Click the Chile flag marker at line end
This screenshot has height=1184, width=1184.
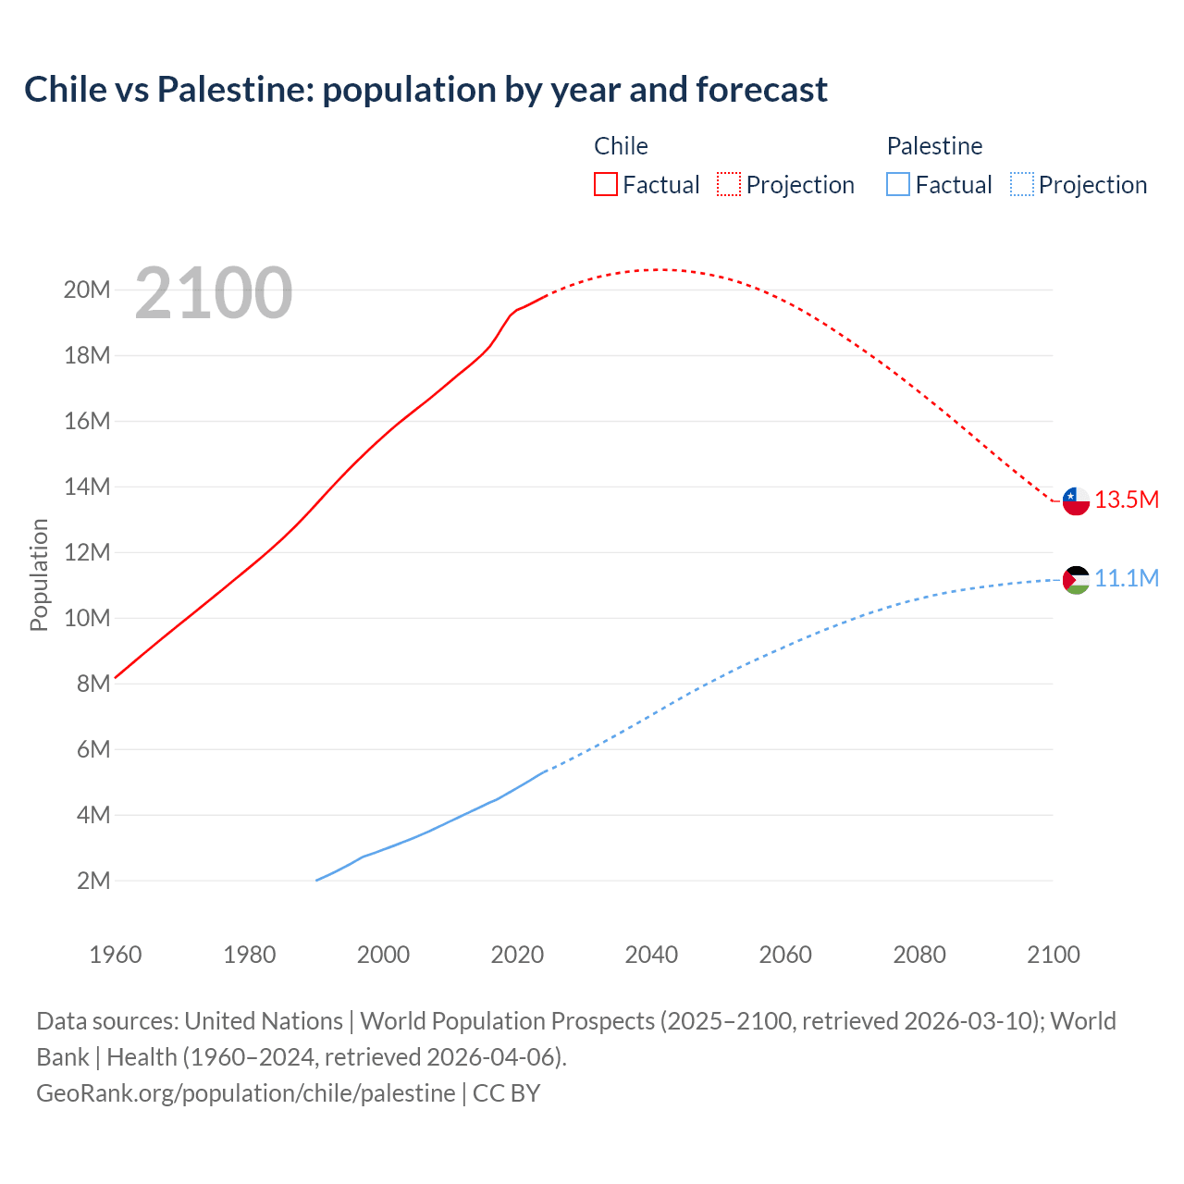pyautogui.click(x=1076, y=501)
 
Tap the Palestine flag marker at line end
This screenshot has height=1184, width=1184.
pyautogui.click(x=1076, y=580)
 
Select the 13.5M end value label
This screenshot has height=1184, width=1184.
pyautogui.click(x=1126, y=500)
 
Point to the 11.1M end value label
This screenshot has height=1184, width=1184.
pyautogui.click(x=1126, y=579)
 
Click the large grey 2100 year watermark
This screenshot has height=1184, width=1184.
pyautogui.click(x=214, y=294)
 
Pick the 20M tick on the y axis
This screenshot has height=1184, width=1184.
pyautogui.click(x=87, y=290)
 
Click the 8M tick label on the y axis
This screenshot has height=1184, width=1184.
pyautogui.click(x=93, y=684)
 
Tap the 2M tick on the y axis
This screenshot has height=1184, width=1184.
pyautogui.click(x=93, y=881)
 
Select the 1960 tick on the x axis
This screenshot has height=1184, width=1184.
pyautogui.click(x=116, y=955)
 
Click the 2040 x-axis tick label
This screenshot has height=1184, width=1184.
pyautogui.click(x=651, y=955)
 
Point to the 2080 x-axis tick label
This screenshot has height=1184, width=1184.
pyautogui.click(x=919, y=955)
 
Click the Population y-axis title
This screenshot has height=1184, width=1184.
pyautogui.click(x=39, y=575)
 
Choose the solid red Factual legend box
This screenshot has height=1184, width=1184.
pyautogui.click(x=605, y=184)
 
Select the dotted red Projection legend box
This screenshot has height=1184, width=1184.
pyautogui.click(x=729, y=184)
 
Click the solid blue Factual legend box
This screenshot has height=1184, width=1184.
pyautogui.click(x=898, y=184)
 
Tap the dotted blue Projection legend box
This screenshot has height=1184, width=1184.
pyautogui.click(x=1021, y=184)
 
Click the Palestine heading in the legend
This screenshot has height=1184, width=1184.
pyautogui.click(x=934, y=146)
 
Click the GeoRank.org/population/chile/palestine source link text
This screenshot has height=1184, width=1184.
pyautogui.click(x=246, y=1093)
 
